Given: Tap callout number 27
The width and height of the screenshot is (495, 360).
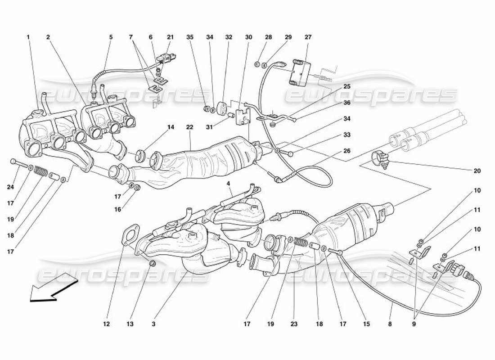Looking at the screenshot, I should pos(308,37).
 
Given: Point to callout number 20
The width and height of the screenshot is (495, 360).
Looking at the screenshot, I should pos(477,171).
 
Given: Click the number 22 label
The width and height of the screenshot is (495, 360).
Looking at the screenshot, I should pos(189,127).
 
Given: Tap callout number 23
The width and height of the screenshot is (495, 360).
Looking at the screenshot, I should pos(294,323).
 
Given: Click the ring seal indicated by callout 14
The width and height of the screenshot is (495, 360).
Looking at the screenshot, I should pos(142,156).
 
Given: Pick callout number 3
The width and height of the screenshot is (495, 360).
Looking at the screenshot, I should pos(154,323).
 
